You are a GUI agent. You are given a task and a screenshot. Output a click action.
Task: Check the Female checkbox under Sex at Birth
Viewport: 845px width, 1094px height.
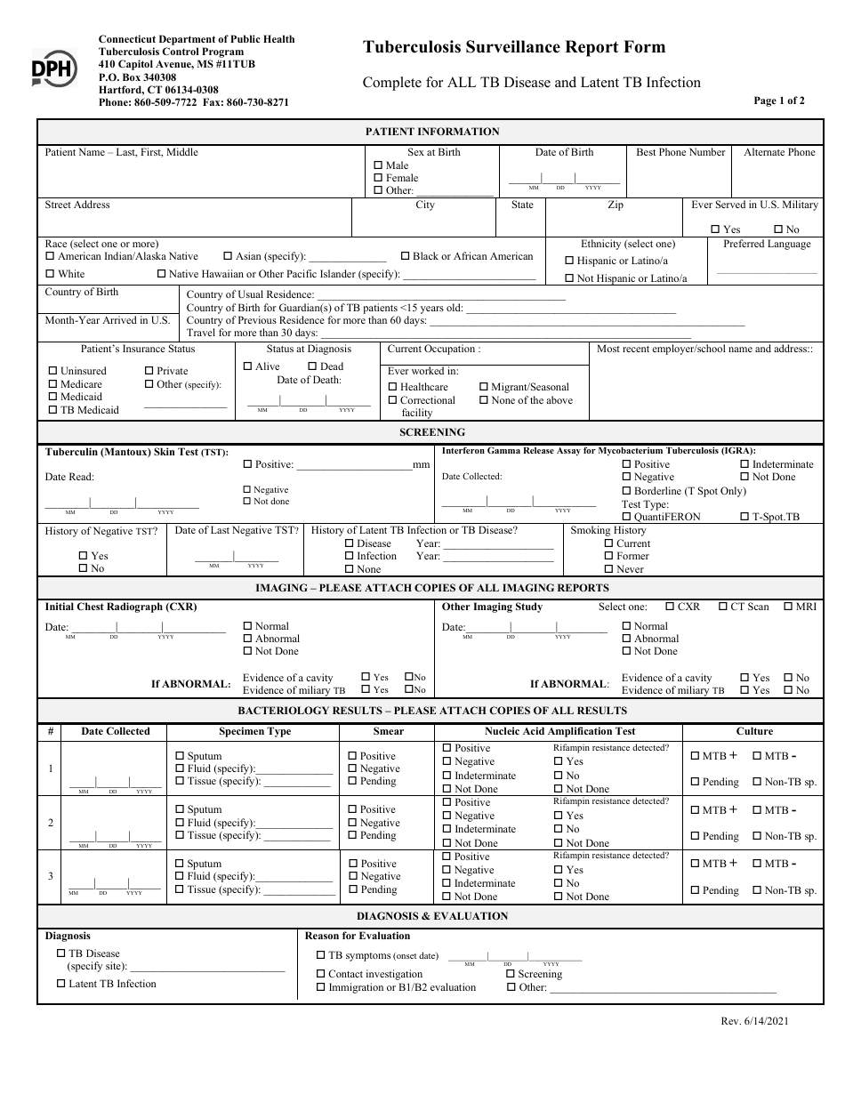[379, 178]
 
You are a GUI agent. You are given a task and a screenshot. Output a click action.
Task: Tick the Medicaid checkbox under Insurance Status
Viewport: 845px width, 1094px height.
[52, 397]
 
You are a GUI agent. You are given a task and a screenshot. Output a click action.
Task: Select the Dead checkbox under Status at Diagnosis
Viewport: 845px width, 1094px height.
[312, 366]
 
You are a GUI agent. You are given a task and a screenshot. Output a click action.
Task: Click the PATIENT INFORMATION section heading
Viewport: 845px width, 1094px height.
[432, 132]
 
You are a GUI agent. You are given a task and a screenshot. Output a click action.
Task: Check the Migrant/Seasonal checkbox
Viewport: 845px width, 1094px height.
[484, 387]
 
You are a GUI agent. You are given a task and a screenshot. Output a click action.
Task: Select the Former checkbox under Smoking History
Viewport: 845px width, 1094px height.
[608, 556]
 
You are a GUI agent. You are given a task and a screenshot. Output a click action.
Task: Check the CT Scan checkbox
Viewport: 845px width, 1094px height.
[722, 607]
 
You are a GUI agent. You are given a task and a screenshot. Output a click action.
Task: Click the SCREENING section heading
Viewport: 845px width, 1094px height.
[432, 432]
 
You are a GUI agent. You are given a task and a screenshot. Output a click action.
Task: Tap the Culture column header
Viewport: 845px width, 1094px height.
[754, 731]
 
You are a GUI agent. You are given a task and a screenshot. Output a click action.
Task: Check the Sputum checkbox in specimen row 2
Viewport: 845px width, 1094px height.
[180, 809]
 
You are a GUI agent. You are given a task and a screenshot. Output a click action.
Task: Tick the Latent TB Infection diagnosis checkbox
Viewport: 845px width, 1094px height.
[61, 984]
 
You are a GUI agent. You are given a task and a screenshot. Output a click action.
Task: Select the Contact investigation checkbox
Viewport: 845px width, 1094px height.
[321, 974]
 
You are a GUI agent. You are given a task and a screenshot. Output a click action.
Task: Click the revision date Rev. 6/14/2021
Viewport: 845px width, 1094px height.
[755, 1021]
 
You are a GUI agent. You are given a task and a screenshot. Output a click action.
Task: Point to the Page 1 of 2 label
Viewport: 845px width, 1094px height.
[778, 101]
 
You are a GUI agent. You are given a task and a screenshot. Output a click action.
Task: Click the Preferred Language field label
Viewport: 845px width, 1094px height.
[766, 244]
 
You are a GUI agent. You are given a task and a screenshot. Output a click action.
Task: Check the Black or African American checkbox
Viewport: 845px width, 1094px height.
[406, 256]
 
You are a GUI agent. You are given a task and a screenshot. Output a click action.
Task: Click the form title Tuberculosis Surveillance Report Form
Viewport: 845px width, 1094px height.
[513, 48]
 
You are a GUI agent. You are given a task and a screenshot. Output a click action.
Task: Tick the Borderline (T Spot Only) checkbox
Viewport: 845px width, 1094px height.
[626, 491]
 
